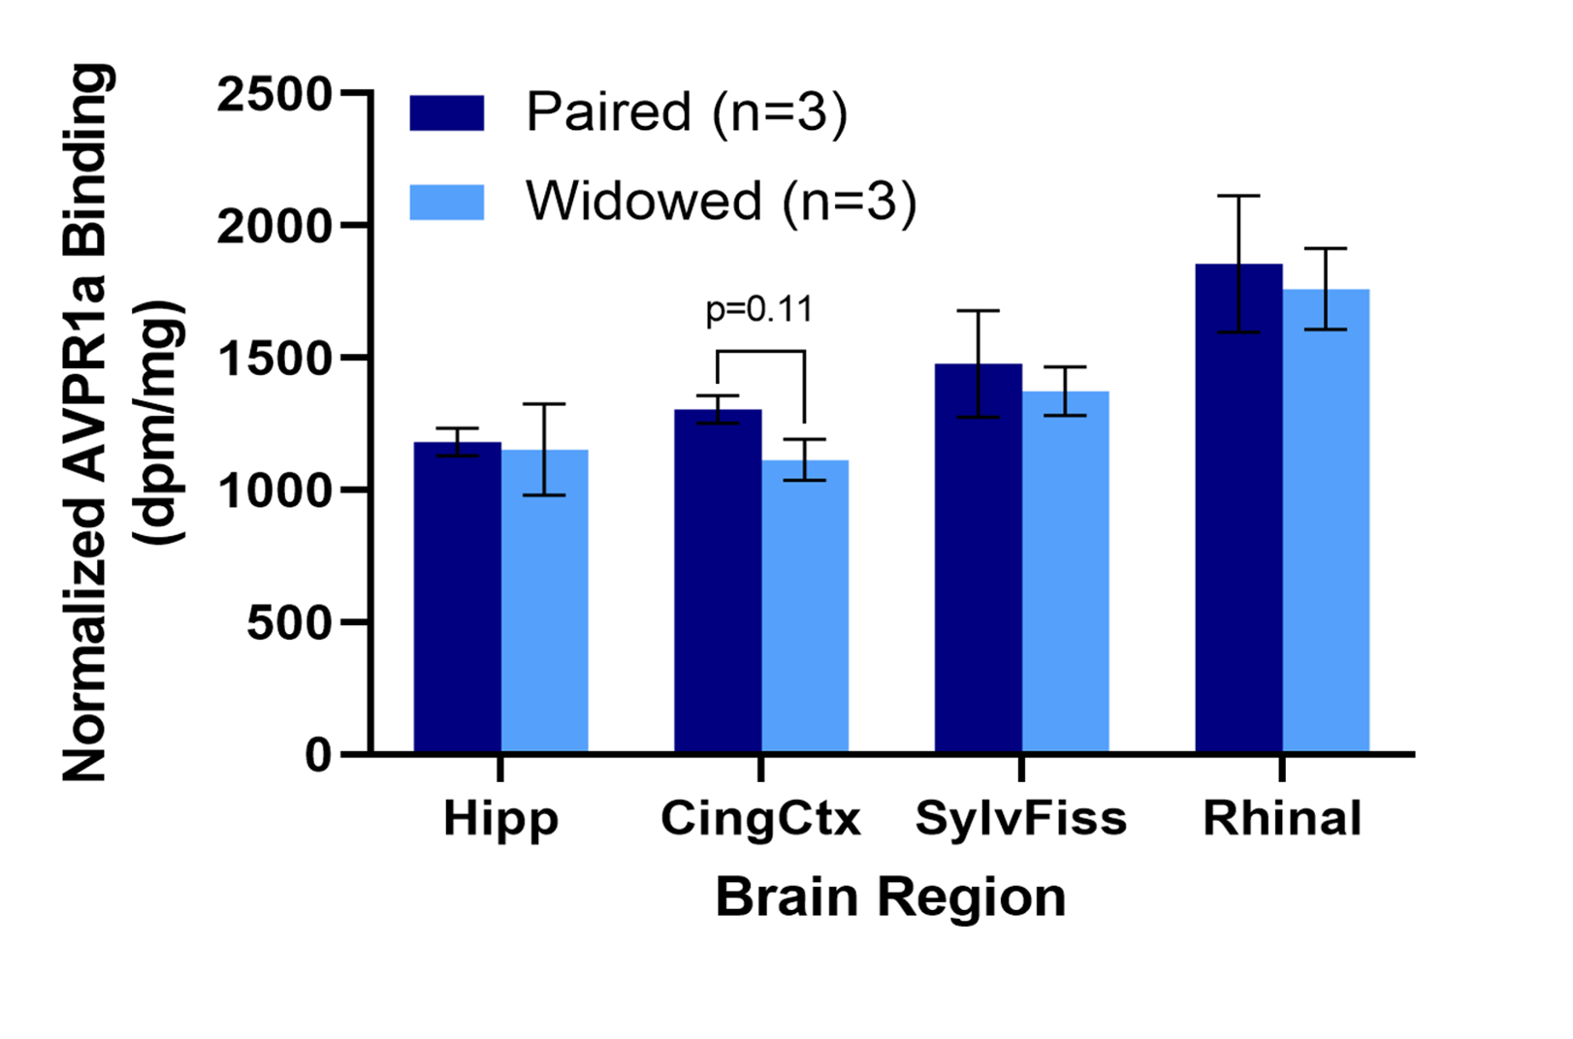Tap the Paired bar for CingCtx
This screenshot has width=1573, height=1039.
(x=718, y=582)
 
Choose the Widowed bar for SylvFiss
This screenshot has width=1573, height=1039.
(x=1065, y=572)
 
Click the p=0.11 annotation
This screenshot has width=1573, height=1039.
(x=759, y=310)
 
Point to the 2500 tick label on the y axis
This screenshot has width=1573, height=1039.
(x=274, y=95)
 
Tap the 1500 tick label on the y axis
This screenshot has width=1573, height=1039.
(x=274, y=360)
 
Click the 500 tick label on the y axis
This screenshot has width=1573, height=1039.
(x=289, y=623)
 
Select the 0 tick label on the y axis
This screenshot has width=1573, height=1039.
(x=318, y=755)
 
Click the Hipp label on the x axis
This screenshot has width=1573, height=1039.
(x=500, y=820)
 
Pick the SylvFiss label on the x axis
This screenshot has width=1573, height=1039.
(x=1021, y=819)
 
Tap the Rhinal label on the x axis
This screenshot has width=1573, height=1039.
(x=1282, y=819)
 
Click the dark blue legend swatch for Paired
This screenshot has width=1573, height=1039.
(x=446, y=112)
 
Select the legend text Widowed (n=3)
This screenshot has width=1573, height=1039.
(x=721, y=202)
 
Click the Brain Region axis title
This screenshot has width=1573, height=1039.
(x=890, y=897)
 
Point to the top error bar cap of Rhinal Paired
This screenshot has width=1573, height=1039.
(x=1238, y=196)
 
